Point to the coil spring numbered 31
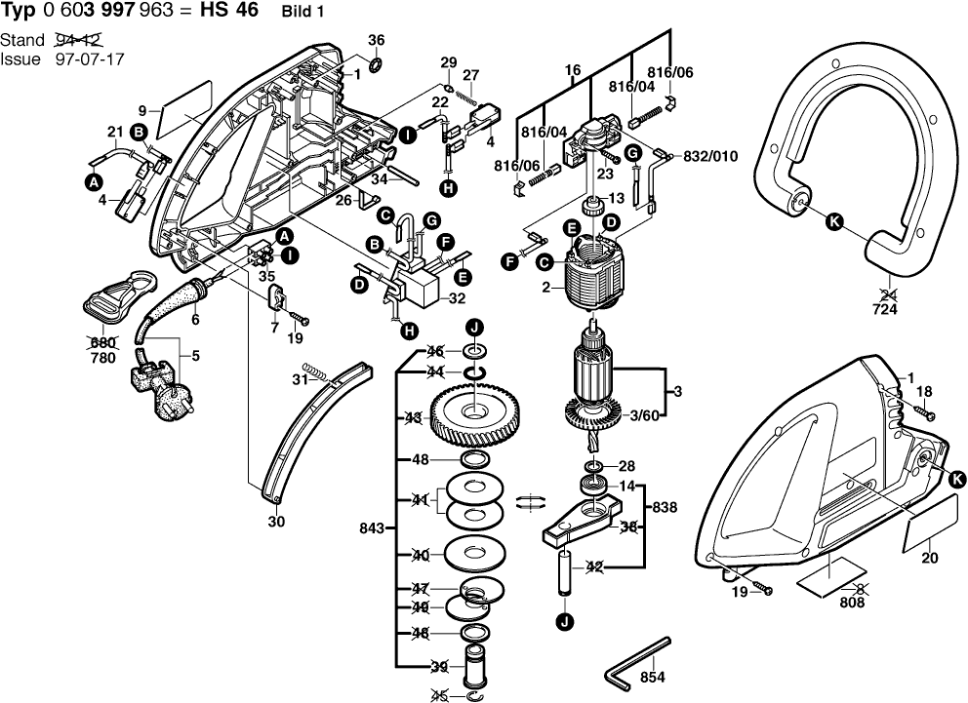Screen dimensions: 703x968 [x=316, y=371]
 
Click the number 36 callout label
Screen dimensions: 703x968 [x=377, y=40]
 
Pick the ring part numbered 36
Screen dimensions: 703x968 [x=377, y=65]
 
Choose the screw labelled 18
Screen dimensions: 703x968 [x=922, y=413]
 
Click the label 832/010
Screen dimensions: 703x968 [x=710, y=156]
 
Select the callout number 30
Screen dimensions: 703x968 [x=276, y=522]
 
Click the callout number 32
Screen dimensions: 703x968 [x=456, y=299]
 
